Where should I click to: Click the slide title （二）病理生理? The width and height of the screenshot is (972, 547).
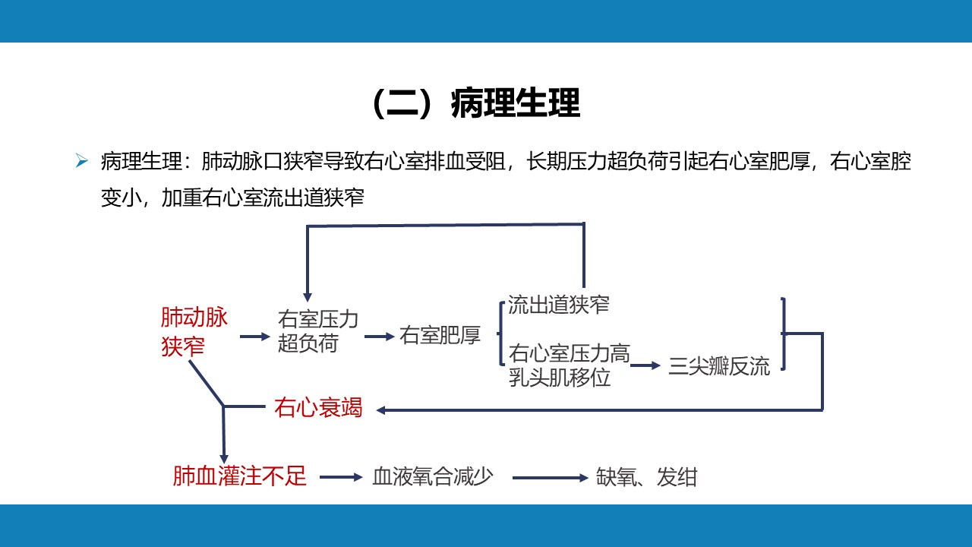pyautogui.click(x=477, y=104)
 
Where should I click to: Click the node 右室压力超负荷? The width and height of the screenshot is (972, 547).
pyautogui.click(x=317, y=330)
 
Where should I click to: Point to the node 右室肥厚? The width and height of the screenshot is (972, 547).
pyautogui.click(x=440, y=336)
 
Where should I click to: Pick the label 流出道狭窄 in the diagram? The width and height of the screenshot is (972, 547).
pyautogui.click(x=559, y=305)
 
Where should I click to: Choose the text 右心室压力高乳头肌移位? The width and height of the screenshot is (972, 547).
pyautogui.click(x=569, y=365)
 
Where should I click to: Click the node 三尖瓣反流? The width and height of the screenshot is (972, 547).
pyautogui.click(x=718, y=367)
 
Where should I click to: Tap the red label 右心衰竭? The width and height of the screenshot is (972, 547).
pyautogui.click(x=318, y=408)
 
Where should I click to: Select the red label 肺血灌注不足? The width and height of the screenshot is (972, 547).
pyautogui.click(x=239, y=476)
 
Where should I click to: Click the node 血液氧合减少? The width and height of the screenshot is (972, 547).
pyautogui.click(x=433, y=477)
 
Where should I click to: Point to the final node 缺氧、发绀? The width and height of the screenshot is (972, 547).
pyautogui.click(x=646, y=478)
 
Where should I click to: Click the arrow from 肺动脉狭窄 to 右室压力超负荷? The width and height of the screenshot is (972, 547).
pyautogui.click(x=255, y=336)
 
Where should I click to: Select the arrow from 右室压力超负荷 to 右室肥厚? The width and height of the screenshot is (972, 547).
pyautogui.click(x=380, y=336)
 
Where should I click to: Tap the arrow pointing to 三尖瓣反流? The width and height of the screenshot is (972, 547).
pyautogui.click(x=646, y=365)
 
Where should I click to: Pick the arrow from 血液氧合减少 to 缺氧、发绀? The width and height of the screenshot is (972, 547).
pyautogui.click(x=551, y=478)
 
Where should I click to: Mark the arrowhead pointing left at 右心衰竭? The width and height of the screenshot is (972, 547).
pyautogui.click(x=382, y=410)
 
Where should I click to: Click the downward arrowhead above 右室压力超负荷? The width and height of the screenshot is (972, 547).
pyautogui.click(x=307, y=296)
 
